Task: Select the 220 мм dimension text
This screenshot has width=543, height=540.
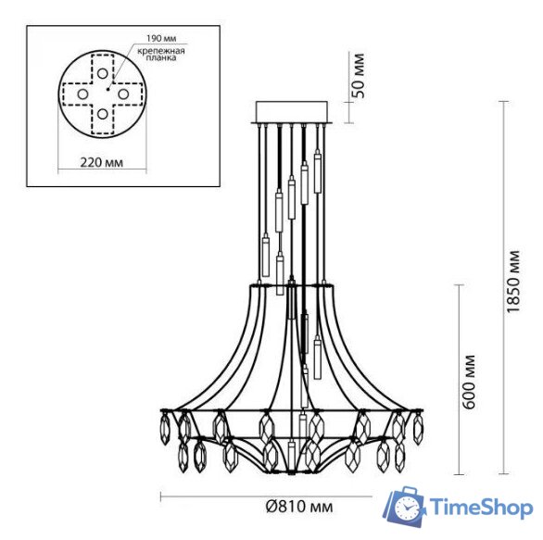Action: (x=101, y=163)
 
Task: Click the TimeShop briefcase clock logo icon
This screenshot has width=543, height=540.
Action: (x=405, y=506)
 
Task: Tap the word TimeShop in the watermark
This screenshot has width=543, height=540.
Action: (x=478, y=508)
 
